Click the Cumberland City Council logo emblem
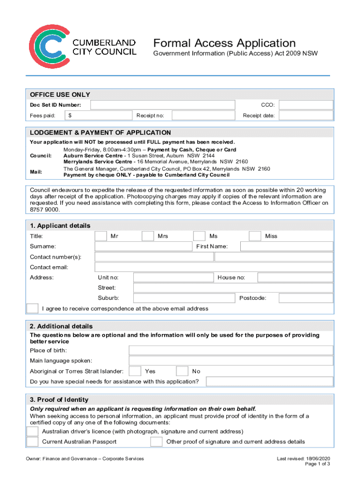click(x=49, y=46)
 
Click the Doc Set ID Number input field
click(x=162, y=105)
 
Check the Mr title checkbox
click(x=101, y=236)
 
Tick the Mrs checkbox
click(x=148, y=236)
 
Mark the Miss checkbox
click(x=255, y=236)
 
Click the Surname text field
click(x=144, y=247)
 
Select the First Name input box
click(x=286, y=247)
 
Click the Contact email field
click(x=214, y=267)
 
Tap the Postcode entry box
click(x=306, y=298)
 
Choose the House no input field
click(x=295, y=277)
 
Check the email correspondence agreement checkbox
click(x=33, y=309)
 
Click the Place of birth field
click(x=231, y=350)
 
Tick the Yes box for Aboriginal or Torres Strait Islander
click(x=135, y=371)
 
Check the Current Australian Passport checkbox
click(x=33, y=442)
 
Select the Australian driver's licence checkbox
click(x=33, y=431)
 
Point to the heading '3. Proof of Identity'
click(x=59, y=400)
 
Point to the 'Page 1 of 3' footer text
click(x=317, y=464)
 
